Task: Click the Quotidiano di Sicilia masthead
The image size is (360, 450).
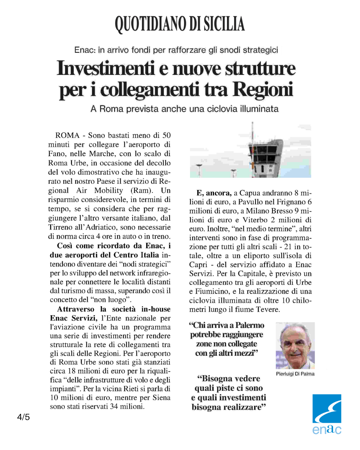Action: tap(180, 24)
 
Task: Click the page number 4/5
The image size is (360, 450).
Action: tap(23, 417)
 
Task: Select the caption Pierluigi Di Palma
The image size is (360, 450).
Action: tap(295, 374)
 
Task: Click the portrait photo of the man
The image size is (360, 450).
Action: tap(295, 345)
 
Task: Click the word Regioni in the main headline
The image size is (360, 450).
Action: tap(263, 89)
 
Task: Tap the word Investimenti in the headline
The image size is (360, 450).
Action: tap(106, 68)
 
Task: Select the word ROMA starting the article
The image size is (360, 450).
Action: tap(67, 135)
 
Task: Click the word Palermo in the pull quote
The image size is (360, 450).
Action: tap(250, 325)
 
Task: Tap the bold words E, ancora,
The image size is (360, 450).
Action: tap(214, 193)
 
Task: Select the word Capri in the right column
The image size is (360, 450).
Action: tap(198, 265)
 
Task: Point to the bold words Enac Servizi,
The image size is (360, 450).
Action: tap(74, 318)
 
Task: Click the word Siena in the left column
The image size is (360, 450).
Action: tap(161, 398)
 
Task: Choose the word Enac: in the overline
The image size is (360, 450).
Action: tap(85, 50)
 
